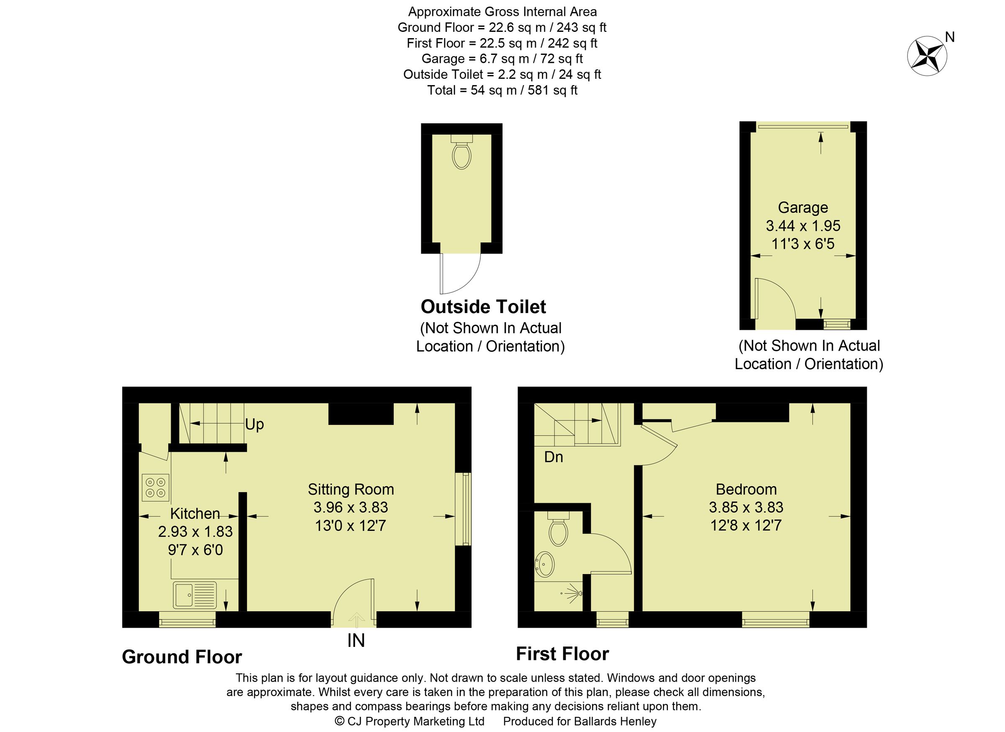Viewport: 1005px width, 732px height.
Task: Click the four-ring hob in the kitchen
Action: tap(155, 488)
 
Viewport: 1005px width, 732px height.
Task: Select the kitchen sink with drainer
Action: tap(195, 595)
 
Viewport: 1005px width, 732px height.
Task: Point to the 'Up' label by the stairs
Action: tap(254, 425)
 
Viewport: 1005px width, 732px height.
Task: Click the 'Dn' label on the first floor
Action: tap(554, 457)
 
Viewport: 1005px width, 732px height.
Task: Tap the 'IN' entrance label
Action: tap(356, 641)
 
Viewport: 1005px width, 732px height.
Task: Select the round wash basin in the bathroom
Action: tap(545, 564)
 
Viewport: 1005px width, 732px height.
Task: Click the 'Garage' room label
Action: tap(802, 207)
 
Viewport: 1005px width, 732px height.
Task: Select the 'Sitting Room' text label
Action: tap(350, 489)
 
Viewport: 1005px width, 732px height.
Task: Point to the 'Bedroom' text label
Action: tap(746, 489)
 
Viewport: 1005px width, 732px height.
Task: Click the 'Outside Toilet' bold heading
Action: tap(483, 307)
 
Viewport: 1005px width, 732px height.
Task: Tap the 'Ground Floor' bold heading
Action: tap(182, 657)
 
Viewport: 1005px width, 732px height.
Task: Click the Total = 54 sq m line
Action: tap(502, 91)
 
